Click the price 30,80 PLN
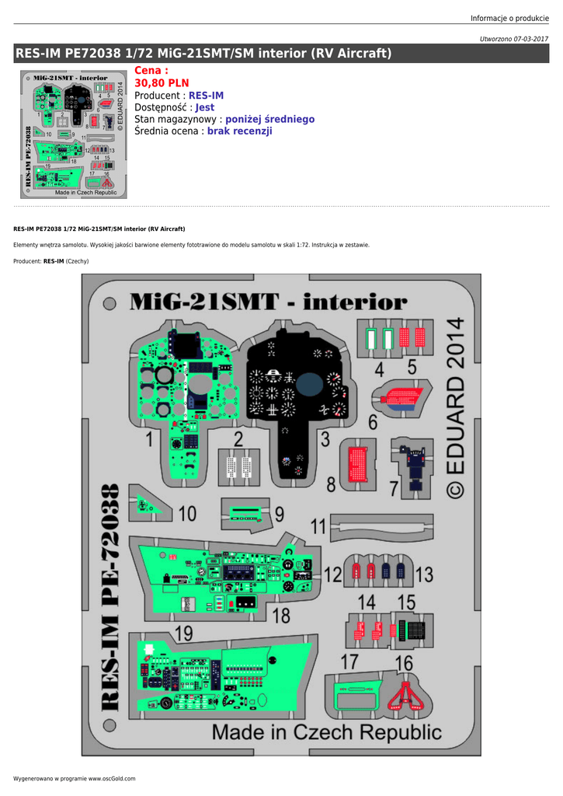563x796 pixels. coord(162,82)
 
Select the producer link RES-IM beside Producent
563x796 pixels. coord(206,96)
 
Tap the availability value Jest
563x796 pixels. coord(205,107)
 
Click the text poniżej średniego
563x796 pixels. coord(269,119)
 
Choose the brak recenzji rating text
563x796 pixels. coord(239,131)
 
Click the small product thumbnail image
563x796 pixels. coord(74,134)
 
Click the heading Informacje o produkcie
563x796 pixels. coord(509,19)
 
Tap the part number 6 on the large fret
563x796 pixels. coord(373,422)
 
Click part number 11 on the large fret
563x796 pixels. coord(318,526)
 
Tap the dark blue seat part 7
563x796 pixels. coord(416,466)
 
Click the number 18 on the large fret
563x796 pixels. coord(281,616)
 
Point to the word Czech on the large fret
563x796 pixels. coord(324,732)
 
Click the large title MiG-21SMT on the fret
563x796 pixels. coord(204,302)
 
